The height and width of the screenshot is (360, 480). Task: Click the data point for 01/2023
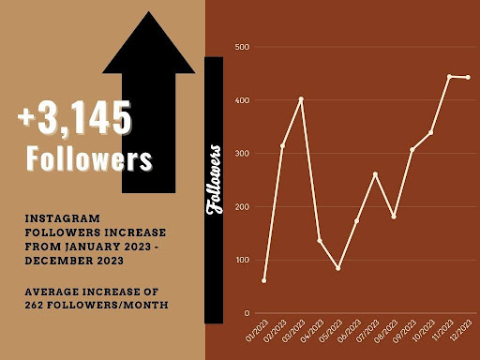263,280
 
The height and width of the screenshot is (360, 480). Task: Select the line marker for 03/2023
301,98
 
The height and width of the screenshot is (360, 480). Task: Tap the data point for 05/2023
337,268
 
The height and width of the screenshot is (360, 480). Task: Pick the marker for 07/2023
375,173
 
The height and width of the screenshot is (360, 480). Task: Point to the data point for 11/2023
449,76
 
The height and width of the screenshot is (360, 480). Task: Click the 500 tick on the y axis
242,47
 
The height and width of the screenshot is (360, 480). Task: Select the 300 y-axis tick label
242,153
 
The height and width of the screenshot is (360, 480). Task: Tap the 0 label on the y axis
246,313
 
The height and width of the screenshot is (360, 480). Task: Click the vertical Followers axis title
215,179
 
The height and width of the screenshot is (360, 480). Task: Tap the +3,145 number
74,119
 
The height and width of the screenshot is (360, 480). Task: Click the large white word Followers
89,158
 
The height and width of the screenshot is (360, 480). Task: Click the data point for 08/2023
394,217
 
